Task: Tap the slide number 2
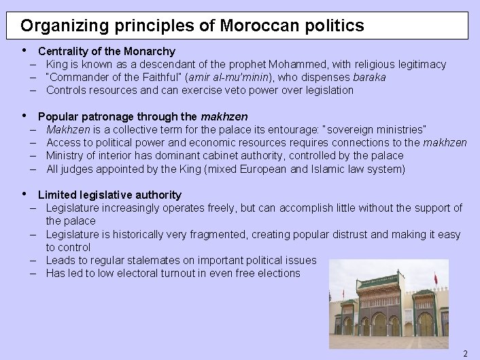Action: [x=465, y=353]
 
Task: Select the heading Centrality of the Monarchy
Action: [x=107, y=51]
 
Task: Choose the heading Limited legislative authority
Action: [x=109, y=195]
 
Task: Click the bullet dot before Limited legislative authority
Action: [x=24, y=194]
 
